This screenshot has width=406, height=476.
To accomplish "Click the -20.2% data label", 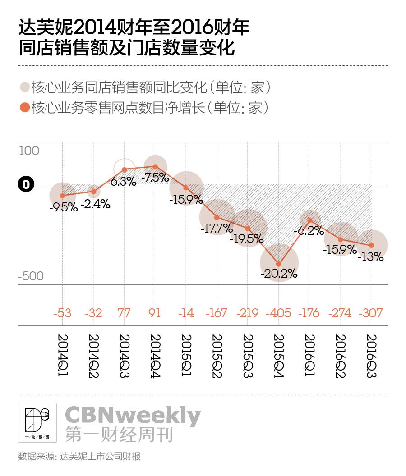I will coord(279,273).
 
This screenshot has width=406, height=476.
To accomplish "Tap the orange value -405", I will coord(279,312).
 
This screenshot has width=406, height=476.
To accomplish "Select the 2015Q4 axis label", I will coord(279,356).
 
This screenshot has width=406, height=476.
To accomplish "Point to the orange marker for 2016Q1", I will coord(310,220).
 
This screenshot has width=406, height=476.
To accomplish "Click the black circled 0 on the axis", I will coord(26,184).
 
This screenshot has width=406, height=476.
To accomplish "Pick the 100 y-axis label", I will coord(29,151).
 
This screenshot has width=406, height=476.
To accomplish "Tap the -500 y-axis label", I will coord(31,276).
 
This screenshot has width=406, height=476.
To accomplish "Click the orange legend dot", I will coord(24,108).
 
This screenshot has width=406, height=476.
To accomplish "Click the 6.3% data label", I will coord(123,182).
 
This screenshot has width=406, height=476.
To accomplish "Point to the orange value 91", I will coord(155,312).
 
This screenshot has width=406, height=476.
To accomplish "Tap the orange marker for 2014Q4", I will coord(155,167).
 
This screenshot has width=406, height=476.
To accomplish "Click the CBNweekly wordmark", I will coord(133,416).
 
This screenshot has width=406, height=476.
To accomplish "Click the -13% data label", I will coord(370,257).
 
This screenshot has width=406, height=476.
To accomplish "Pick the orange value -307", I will coord(370,312).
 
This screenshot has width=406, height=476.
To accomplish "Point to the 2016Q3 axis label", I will coord(371,356).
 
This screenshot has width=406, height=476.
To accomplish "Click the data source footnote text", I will coord(79,456).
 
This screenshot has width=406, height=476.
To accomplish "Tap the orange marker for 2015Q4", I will coord(279,264).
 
